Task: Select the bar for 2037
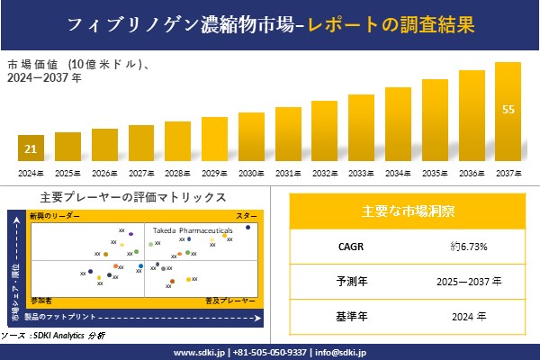click(x=508, y=112)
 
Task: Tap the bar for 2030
click(x=251, y=138)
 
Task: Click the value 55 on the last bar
click(x=508, y=110)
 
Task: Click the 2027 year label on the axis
click(x=140, y=173)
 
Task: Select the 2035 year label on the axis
click(x=435, y=173)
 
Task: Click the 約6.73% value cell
click(x=469, y=246)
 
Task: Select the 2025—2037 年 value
click(x=469, y=281)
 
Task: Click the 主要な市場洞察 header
click(x=408, y=211)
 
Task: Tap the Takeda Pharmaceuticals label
click(x=193, y=231)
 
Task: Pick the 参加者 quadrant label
click(x=41, y=298)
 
